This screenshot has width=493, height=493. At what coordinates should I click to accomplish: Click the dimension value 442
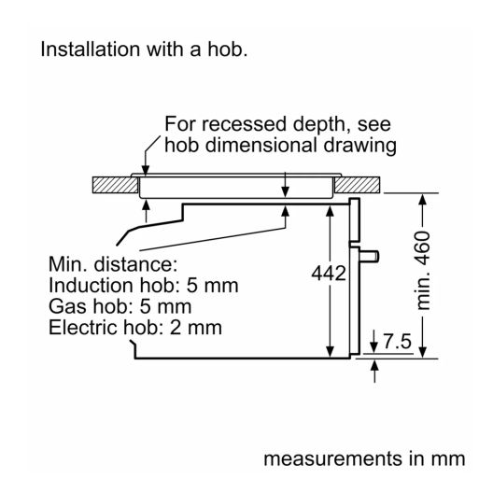(329, 274)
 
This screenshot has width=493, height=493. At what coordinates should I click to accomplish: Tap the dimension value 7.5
(398, 341)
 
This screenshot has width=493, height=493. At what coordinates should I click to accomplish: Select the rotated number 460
(422, 248)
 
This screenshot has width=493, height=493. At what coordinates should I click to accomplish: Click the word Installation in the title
(91, 49)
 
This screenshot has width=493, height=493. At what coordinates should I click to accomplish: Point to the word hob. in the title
(227, 49)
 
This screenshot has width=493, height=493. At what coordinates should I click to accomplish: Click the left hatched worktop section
(116, 185)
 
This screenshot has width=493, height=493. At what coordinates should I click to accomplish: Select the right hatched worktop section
(358, 185)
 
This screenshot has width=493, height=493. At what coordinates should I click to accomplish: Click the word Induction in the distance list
(91, 286)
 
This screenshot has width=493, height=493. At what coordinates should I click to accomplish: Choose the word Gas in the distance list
(67, 306)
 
